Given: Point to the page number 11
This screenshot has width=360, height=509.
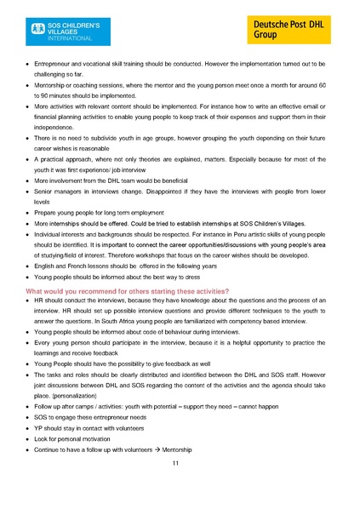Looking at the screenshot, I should click(175, 463).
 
